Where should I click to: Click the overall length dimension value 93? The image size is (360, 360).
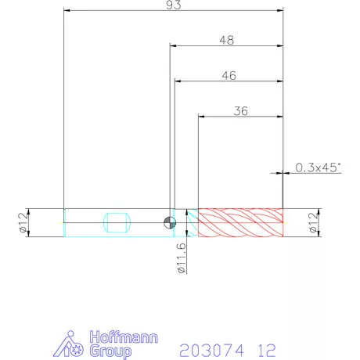pos(174,5)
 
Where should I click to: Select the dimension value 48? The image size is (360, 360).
pos(227,40)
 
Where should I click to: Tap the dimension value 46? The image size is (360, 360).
pos(229,76)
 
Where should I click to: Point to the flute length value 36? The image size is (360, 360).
pos(240,111)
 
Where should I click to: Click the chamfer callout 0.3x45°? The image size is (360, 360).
pos(318,167)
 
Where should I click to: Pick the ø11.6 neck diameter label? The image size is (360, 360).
pos(182,258)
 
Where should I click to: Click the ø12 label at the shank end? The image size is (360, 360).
pos(23,222)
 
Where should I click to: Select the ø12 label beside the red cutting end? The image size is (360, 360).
pos(314,222)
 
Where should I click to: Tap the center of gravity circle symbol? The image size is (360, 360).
pos(170,223)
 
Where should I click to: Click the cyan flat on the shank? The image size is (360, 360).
pos(117,222)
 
